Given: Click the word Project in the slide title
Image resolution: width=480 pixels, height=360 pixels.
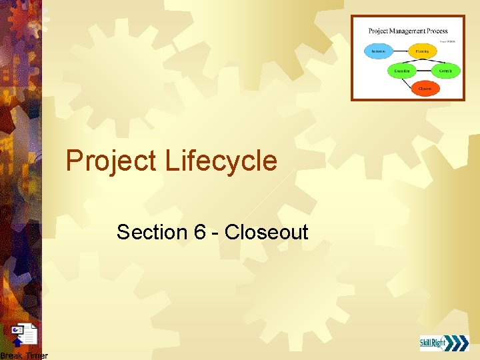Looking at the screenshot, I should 110,161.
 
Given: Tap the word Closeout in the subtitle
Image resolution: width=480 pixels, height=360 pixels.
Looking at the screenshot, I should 266,233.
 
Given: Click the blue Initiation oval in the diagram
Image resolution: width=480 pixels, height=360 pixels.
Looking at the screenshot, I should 379,51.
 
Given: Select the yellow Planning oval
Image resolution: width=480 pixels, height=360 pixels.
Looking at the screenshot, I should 422,51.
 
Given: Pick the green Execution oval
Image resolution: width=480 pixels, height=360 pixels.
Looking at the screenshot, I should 402,70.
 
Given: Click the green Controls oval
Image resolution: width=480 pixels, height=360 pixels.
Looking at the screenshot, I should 445,70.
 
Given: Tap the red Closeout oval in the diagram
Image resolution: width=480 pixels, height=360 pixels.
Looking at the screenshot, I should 424,88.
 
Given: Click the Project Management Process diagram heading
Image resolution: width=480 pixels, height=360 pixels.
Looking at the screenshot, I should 408,31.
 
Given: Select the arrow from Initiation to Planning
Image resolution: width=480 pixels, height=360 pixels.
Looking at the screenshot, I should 399,51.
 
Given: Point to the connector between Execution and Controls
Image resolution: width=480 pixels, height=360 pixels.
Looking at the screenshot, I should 423,70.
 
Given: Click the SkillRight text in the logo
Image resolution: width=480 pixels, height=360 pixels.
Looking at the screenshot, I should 433,343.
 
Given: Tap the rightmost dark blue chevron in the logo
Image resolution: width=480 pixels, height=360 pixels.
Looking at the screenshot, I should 463,343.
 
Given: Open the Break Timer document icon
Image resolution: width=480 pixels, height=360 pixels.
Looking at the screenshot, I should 25,335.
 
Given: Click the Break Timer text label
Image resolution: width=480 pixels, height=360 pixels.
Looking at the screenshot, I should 24,356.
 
